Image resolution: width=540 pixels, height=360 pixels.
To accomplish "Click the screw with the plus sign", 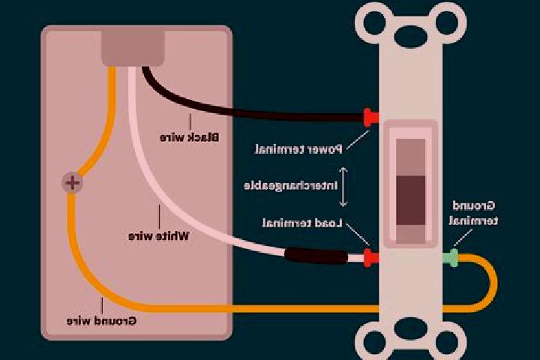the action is tap(72, 182).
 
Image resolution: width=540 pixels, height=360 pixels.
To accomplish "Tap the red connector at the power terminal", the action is tap(370, 118).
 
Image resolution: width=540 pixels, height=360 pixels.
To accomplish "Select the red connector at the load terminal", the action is tap(371, 257).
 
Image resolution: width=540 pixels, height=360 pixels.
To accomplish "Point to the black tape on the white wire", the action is tap(316, 256).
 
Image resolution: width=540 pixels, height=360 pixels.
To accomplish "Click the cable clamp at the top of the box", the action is tap(133, 48).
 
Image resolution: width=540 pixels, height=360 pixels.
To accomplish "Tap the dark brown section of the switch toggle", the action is tap(410, 200).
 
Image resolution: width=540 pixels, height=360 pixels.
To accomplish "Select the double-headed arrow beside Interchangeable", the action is tap(343, 187).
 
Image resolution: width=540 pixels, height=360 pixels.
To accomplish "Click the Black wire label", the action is tap(189, 137).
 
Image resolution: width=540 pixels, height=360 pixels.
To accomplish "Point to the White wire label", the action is tap(159, 236).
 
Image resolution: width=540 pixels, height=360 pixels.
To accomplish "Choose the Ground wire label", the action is tap(101, 321).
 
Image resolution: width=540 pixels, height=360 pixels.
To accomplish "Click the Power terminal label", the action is tap(298, 149).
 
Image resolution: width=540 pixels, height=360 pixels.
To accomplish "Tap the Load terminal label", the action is tap(302, 223).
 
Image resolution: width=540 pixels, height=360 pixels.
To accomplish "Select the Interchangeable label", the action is tap(291, 186).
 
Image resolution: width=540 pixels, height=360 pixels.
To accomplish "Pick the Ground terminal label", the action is tap(473, 213).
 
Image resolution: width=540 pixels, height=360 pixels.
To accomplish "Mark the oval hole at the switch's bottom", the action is tap(410, 329).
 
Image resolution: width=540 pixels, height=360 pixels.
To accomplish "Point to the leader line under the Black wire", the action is tap(190, 122).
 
